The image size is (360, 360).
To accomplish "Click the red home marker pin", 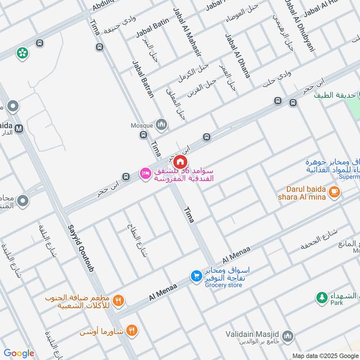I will coord(180,162).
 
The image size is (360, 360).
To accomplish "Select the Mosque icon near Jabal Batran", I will coord(161,125).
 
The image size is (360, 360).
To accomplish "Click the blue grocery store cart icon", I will coord(196,276).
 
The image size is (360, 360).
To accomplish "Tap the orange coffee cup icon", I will coord(333,192).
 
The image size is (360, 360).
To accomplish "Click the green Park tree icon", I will coord(321,297).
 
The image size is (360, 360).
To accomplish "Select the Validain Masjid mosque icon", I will coord(288,336).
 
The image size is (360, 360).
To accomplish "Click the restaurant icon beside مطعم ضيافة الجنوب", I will coord(119,301).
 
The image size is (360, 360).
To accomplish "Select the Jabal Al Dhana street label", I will coord(237,56).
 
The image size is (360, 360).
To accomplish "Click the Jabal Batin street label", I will coord(152,27).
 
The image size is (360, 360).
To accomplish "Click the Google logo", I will coord(18,353).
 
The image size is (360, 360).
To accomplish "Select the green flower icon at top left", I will coord(22,53).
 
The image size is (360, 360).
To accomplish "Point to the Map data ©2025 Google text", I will coord(324,355).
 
